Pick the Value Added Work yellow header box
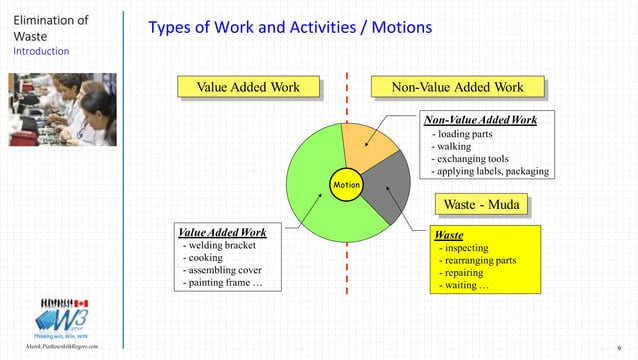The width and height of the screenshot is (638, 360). pyautogui.click(x=247, y=88)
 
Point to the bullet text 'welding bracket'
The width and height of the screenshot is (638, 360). pyautogui.click(x=219, y=246)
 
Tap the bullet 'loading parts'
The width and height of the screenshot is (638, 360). pyautogui.click(x=468, y=134)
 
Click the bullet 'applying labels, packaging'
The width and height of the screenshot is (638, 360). pyautogui.click(x=489, y=171)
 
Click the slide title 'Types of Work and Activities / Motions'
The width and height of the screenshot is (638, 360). pyautogui.click(x=290, y=28)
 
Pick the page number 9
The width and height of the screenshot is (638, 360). pyautogui.click(x=619, y=347)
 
